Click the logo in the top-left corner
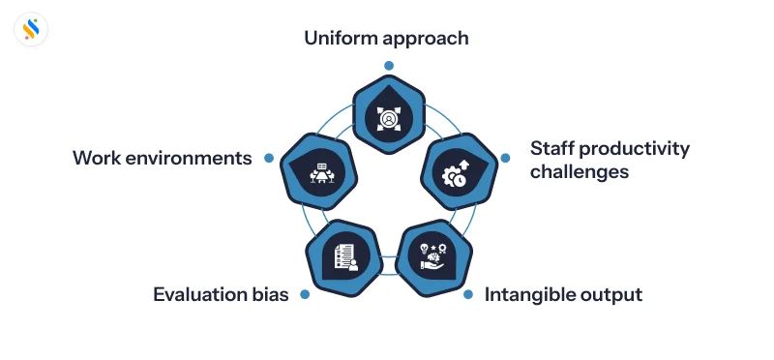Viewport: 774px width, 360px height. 32,31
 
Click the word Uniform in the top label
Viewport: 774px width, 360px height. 341,39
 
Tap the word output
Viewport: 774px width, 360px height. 614,295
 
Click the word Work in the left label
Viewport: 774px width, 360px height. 98,157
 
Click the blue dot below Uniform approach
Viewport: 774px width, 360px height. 388,66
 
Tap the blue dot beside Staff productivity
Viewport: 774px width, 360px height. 505,158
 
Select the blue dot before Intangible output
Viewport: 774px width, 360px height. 468,294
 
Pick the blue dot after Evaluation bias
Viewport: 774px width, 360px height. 305,294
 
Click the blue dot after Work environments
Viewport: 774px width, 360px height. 271,157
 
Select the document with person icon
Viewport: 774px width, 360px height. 344,255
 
